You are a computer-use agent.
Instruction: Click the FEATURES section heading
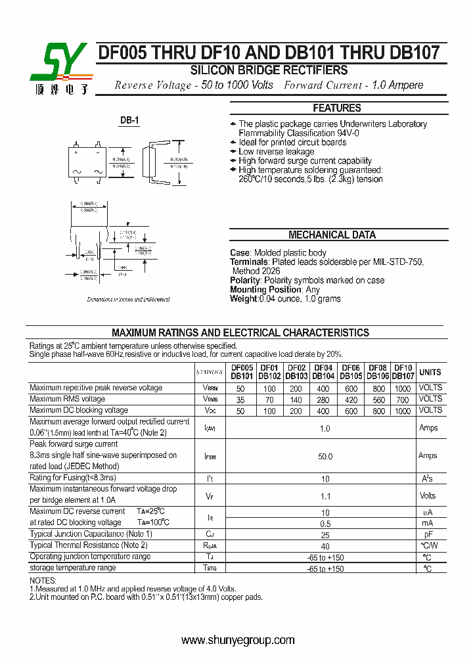(x=336, y=108)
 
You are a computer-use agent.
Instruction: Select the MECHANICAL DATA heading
(x=332, y=235)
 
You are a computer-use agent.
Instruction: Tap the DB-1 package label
(x=129, y=121)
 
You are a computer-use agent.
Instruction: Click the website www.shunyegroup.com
(x=237, y=640)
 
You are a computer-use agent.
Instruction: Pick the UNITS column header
(x=430, y=372)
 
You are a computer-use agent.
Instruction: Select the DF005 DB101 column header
(x=242, y=372)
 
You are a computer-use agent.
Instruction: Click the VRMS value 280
(x=323, y=399)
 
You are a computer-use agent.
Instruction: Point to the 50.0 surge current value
(x=325, y=456)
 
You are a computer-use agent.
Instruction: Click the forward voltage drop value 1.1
(x=325, y=496)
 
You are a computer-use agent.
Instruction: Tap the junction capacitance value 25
(x=325, y=535)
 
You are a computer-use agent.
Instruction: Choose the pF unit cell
(x=427, y=535)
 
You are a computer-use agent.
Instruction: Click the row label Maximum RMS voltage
(x=67, y=399)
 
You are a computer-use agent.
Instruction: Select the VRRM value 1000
(x=402, y=388)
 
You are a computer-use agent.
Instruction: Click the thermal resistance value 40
(x=325, y=546)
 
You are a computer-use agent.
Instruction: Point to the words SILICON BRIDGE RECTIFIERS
(x=269, y=70)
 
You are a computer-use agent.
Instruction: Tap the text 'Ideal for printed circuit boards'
(x=292, y=143)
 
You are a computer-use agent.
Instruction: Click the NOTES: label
(x=43, y=581)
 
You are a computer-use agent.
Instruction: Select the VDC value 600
(x=351, y=411)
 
